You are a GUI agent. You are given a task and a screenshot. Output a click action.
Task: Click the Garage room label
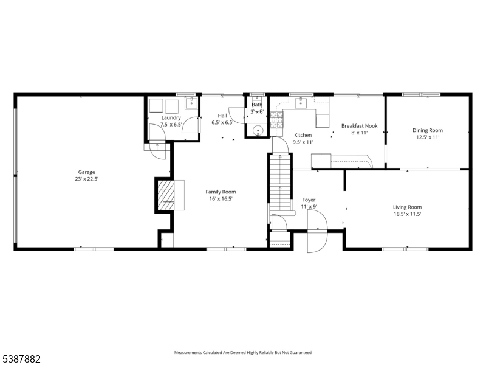coord(86,172)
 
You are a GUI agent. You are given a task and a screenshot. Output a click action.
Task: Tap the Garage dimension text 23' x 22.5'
coord(86,179)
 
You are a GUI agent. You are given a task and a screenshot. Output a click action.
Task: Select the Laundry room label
coord(171,117)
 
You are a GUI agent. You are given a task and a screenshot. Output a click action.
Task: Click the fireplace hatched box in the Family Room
coord(167,195)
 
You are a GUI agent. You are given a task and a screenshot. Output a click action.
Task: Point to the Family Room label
coord(221,192)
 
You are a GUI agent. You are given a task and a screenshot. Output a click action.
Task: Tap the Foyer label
coord(309,200)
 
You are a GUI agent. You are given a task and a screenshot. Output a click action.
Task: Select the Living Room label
coord(406,207)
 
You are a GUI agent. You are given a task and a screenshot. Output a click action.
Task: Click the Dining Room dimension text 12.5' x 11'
coord(428,137)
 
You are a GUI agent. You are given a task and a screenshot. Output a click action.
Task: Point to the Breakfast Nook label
coord(359,126)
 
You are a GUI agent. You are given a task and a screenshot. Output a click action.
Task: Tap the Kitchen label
coord(303,135)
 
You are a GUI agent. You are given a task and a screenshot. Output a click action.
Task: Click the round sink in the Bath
coord(258,130)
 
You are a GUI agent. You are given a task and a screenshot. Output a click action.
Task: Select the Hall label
coord(222,116)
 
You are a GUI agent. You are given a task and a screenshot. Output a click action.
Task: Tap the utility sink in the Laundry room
coord(191,103)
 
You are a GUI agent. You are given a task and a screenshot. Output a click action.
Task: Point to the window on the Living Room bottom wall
coord(403,248)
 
